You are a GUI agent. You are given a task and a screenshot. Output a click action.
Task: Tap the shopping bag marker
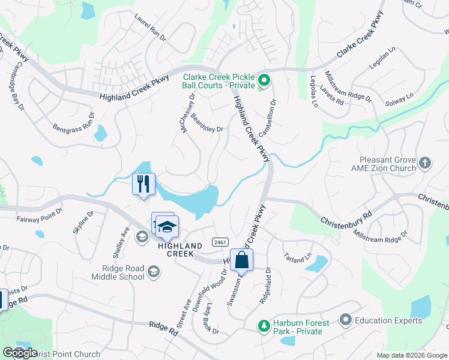[x=241, y=260]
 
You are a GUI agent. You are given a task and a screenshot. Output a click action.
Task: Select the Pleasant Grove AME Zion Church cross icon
[x=425, y=163]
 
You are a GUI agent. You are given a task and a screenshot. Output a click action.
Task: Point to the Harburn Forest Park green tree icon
[x=263, y=326]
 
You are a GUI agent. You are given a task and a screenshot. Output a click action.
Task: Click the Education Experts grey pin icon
[x=345, y=320]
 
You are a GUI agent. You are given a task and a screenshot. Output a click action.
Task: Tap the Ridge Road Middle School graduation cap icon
[x=154, y=273]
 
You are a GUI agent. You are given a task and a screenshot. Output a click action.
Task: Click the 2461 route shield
[x=220, y=242]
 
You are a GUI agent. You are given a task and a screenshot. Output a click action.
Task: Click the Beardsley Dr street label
[x=207, y=123]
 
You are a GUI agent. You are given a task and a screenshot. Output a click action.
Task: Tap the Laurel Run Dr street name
[x=150, y=28]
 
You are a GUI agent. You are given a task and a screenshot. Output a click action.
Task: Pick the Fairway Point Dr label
[x=40, y=214]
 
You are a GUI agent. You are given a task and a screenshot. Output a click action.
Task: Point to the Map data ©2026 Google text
[x=411, y=355]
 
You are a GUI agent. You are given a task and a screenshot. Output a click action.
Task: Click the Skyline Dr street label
[x=83, y=222]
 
